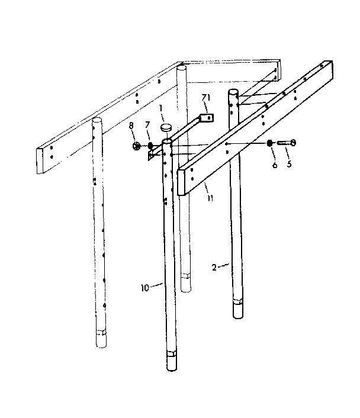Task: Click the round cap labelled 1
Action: [x=165, y=126]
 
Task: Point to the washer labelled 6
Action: [x=271, y=142]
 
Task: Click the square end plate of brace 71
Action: [x=207, y=118]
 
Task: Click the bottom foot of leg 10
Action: [x=172, y=360]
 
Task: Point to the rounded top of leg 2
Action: [x=234, y=92]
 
